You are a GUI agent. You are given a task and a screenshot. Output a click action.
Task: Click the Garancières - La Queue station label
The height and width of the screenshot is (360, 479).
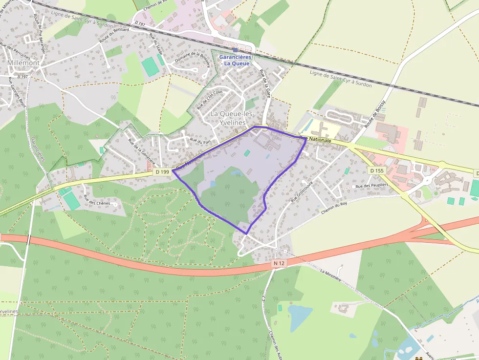(x=235, y=60)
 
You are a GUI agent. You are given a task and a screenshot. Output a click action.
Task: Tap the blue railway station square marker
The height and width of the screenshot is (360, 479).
(x=235, y=50)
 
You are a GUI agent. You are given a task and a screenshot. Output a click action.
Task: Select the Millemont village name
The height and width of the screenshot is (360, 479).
(x=23, y=63)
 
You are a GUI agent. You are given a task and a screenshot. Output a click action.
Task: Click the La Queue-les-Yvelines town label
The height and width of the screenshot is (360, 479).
(x=228, y=118)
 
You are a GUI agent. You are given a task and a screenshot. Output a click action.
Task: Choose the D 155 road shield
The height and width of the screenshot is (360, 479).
(x=376, y=170)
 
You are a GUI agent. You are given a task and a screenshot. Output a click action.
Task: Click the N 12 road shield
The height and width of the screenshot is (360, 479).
(x=279, y=263)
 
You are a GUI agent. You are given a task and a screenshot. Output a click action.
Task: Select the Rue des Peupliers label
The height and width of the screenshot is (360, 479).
(x=371, y=186)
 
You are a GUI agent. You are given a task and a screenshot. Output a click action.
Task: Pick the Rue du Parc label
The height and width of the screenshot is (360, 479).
(x=199, y=141)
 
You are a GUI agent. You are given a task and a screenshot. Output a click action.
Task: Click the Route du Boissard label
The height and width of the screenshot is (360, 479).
(x=114, y=35)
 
